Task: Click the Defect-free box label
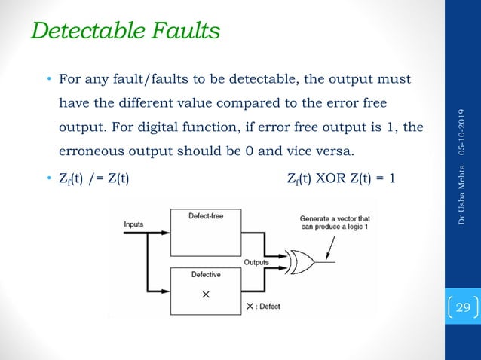click(206, 216)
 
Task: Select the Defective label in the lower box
click(205, 274)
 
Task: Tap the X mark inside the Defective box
click(205, 294)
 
